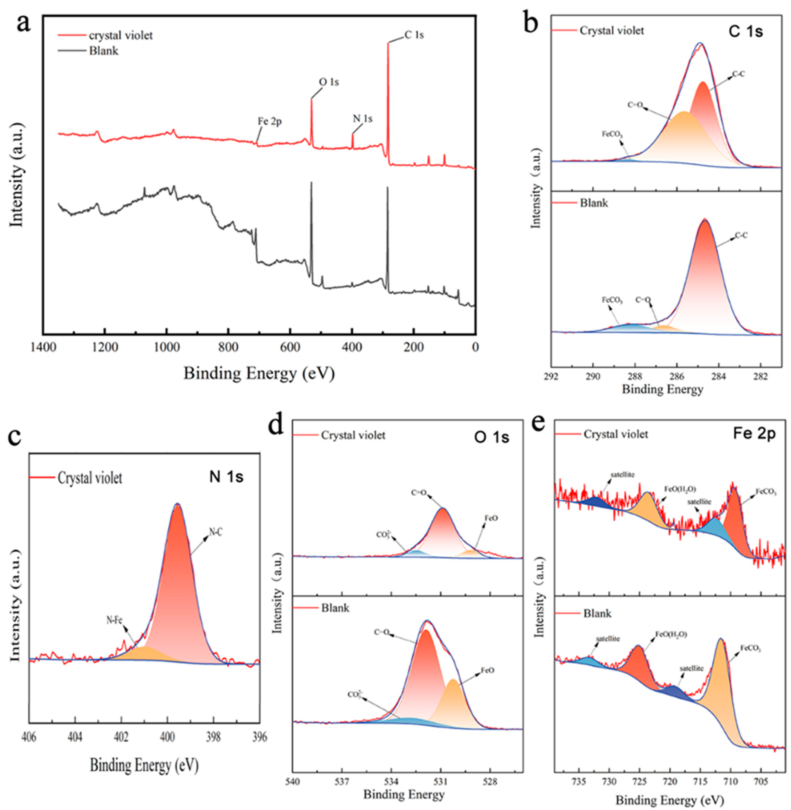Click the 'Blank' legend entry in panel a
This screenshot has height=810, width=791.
[103, 51]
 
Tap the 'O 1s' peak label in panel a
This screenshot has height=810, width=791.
[329, 82]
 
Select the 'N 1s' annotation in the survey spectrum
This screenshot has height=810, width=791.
[363, 119]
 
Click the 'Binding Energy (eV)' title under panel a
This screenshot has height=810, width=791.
[259, 373]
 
